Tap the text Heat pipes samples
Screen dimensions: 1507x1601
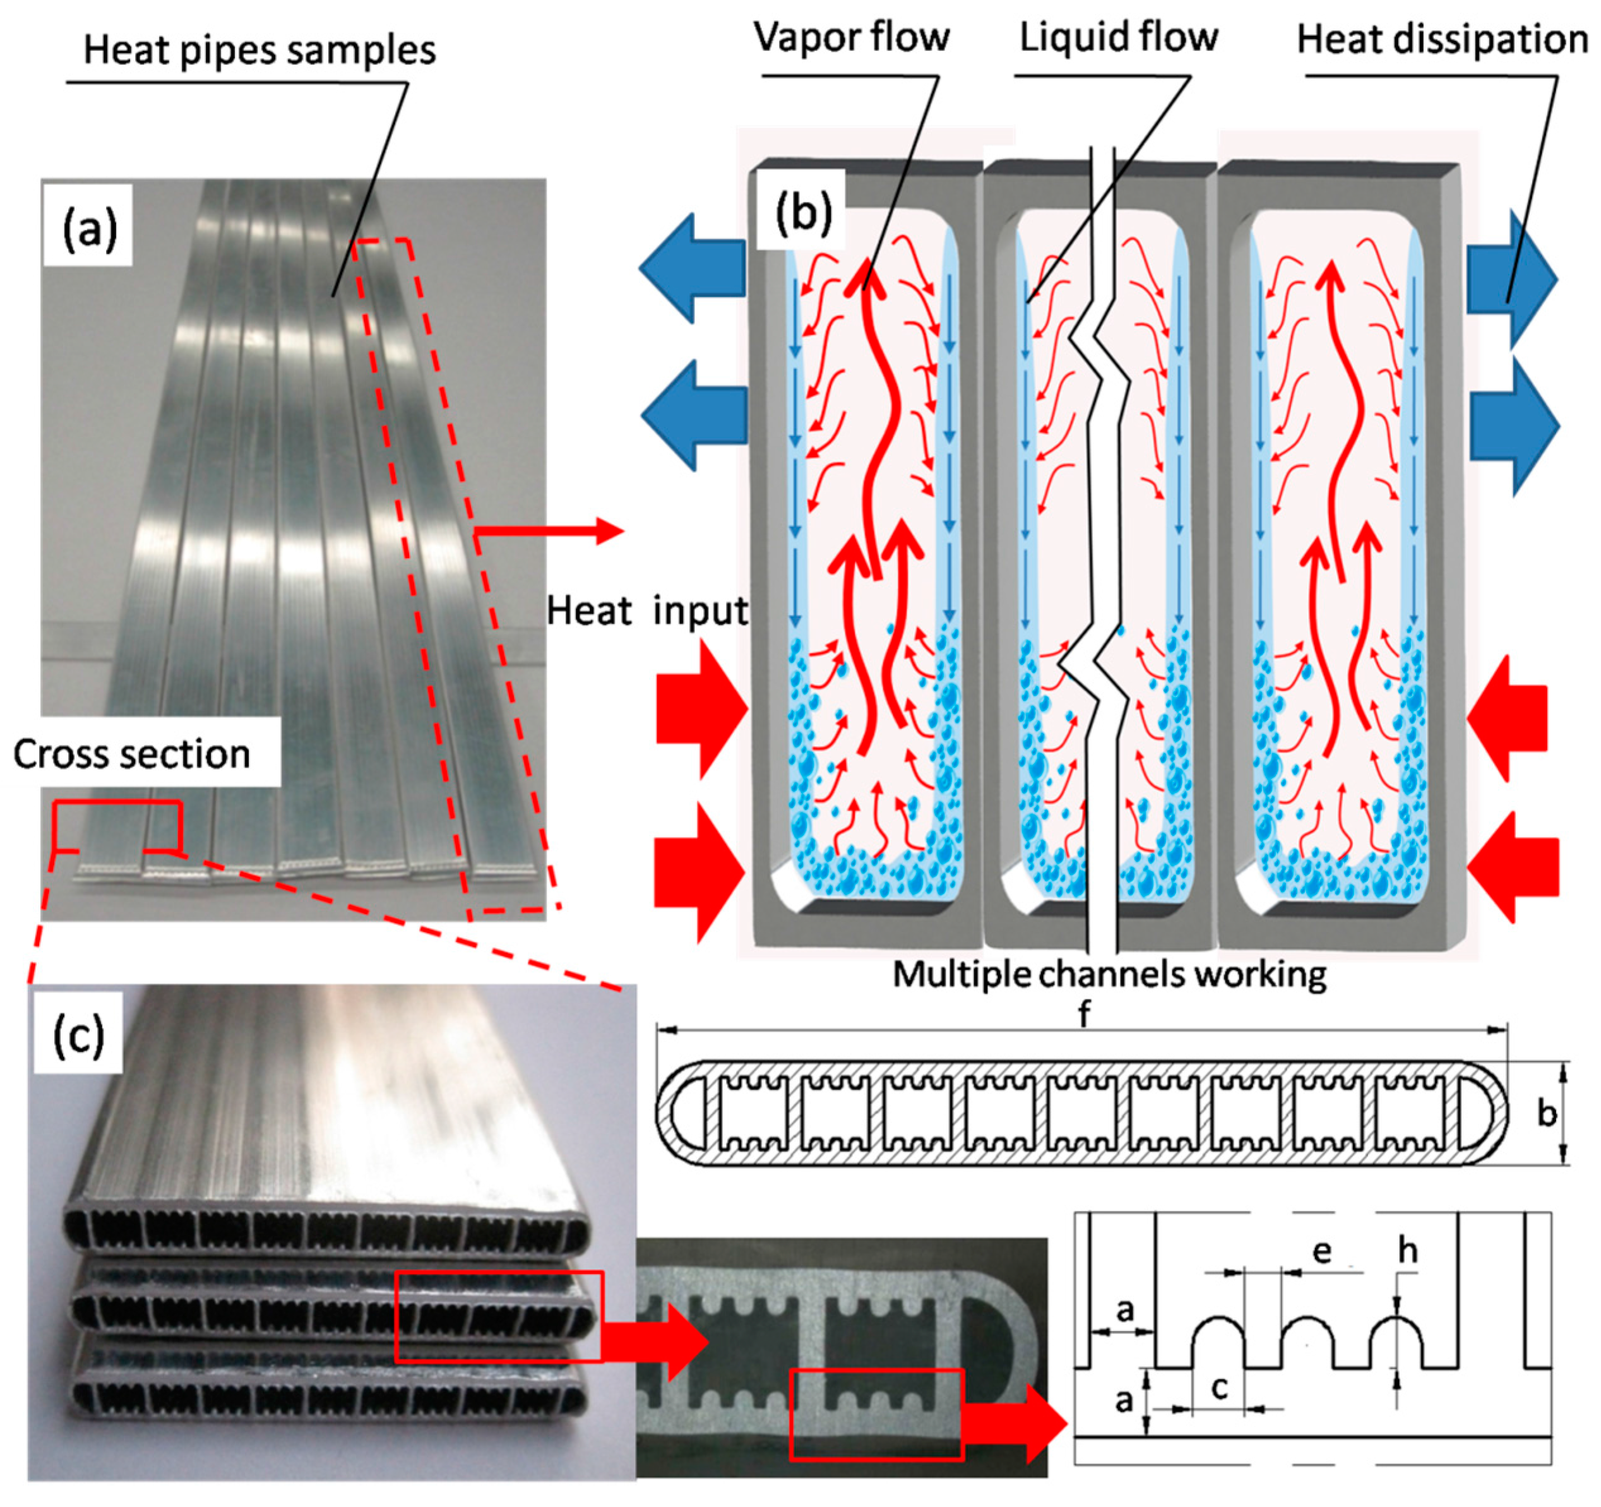click(x=259, y=50)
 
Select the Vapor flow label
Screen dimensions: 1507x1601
click(x=851, y=37)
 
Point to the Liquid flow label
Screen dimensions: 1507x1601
click(x=1119, y=37)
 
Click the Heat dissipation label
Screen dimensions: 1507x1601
click(x=1441, y=39)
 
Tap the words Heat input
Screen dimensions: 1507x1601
click(x=646, y=611)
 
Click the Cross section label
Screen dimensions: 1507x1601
click(x=132, y=754)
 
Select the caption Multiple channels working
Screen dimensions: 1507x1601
click(x=1110, y=975)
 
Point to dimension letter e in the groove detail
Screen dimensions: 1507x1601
click(x=1321, y=1251)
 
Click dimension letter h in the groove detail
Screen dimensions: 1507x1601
click(x=1407, y=1251)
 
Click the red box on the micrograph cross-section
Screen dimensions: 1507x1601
click(x=876, y=1414)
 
